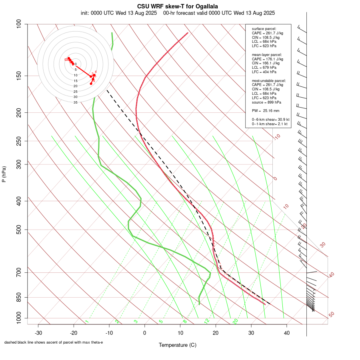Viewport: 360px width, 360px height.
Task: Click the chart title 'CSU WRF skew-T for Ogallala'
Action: click(178, 6)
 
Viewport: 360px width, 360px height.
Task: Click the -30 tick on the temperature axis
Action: click(38, 333)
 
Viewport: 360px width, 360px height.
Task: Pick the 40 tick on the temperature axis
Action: click(287, 333)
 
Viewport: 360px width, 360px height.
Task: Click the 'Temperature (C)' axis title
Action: click(178, 345)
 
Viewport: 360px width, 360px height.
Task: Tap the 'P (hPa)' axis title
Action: click(4, 174)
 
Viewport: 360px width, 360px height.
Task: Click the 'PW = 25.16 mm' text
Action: click(266, 111)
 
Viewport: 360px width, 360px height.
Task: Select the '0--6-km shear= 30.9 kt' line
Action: click(270, 120)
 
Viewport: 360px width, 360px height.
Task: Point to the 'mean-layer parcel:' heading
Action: click(267, 54)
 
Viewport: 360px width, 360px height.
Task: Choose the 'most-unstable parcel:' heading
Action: click(269, 80)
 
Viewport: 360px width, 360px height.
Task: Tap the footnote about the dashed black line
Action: click(54, 342)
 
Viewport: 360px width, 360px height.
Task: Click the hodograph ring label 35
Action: click(75, 102)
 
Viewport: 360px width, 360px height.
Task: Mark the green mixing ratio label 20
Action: click(235, 321)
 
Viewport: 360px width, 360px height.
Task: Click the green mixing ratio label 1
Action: click(87, 322)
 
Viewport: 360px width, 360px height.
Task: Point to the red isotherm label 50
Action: click(331, 315)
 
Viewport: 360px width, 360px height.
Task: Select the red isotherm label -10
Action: click(277, 137)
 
